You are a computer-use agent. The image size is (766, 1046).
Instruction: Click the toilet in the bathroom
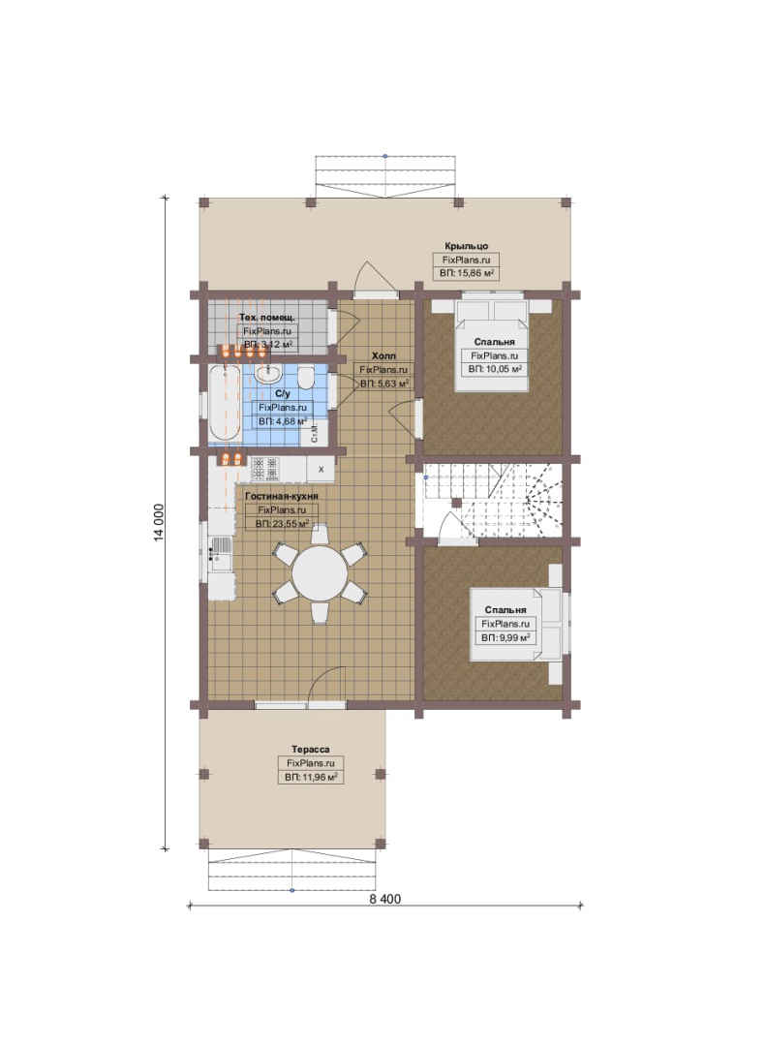(x=306, y=378)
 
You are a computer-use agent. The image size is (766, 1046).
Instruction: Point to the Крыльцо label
(x=467, y=246)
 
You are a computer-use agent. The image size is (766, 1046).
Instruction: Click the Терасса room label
(x=310, y=749)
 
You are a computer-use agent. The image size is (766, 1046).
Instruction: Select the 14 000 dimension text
(x=159, y=522)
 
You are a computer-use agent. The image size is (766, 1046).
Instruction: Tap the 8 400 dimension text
(x=385, y=899)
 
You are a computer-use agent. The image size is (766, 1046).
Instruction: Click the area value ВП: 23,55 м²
(x=282, y=524)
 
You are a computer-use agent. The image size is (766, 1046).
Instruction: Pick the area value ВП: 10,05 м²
(x=495, y=368)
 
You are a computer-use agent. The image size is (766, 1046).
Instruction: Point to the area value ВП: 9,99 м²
(x=506, y=637)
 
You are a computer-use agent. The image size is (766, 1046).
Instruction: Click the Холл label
(x=383, y=355)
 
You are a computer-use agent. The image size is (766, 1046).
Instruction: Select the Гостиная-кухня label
(x=282, y=496)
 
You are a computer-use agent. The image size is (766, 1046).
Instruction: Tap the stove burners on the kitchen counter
(x=265, y=469)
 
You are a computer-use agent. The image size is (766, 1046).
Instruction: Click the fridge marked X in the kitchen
(x=321, y=469)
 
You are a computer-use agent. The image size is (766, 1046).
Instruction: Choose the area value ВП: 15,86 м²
(x=467, y=273)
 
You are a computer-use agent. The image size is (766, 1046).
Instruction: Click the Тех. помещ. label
(x=267, y=318)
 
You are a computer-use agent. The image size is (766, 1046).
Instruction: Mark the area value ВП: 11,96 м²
(x=310, y=777)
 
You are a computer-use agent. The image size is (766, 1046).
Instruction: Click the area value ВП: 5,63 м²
(x=383, y=384)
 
